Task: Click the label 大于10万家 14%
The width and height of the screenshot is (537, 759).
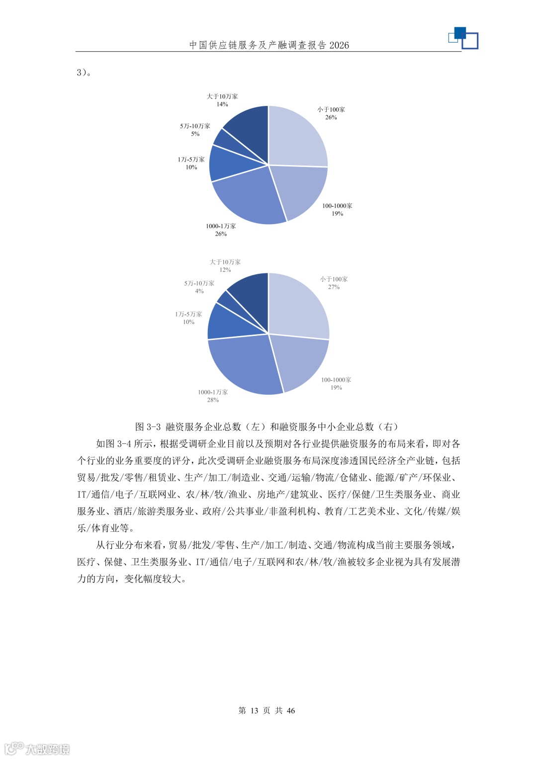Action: coord(222,100)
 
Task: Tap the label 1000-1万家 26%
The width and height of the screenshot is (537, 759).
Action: coord(221,230)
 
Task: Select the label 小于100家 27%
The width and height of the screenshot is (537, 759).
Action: coord(334,283)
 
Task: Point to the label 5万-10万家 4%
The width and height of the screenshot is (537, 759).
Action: coord(199,287)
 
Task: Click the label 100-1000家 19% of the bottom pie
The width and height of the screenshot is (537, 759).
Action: coord(336,383)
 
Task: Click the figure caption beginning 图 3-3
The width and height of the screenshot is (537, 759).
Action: coord(267,426)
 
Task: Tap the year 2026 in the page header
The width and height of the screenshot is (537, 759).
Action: coord(339,45)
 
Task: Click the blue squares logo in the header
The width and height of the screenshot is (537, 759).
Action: coord(463,38)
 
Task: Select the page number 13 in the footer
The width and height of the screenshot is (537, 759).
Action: coord(254,710)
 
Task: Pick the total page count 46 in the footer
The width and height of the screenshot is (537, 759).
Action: coord(290,710)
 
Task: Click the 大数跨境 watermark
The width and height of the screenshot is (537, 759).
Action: coord(37,749)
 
